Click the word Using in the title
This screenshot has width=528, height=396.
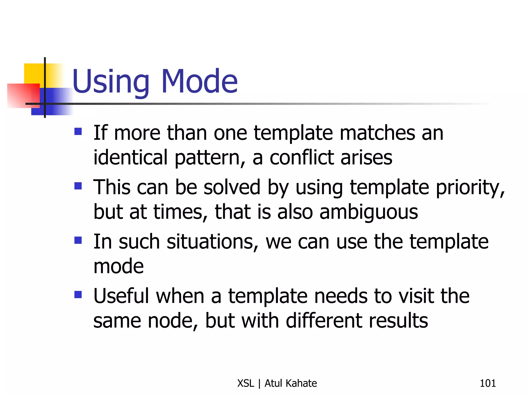click(x=111, y=82)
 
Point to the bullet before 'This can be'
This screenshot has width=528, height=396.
click(x=78, y=186)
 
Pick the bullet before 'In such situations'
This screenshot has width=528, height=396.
click(x=78, y=240)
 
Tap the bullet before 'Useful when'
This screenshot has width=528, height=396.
click(x=78, y=294)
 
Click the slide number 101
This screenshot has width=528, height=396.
click(x=488, y=383)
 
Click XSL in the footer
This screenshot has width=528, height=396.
click(x=246, y=383)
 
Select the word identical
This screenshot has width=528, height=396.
click(x=130, y=158)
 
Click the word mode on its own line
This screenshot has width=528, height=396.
click(x=119, y=267)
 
